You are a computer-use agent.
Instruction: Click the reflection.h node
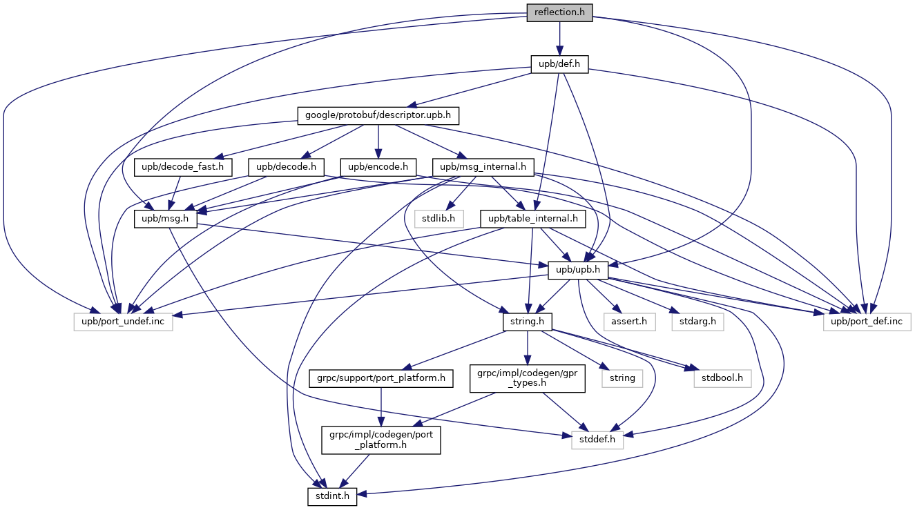(x=559, y=12)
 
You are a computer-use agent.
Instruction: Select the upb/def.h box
(x=559, y=64)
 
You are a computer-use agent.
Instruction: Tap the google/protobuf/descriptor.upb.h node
(x=378, y=115)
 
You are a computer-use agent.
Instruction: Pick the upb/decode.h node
(x=286, y=166)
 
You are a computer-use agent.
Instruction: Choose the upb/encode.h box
(x=378, y=166)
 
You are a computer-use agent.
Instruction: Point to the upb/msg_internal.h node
(x=479, y=166)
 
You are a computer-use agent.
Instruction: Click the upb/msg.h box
(x=165, y=218)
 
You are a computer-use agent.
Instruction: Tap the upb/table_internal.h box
(x=533, y=218)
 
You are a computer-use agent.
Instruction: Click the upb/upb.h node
(x=578, y=270)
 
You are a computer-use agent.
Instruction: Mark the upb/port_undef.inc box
(x=124, y=321)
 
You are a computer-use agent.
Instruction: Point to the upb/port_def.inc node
(x=867, y=321)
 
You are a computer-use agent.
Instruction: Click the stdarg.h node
(x=695, y=321)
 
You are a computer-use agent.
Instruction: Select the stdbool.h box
(x=722, y=378)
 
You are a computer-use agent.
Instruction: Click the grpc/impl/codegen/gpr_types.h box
(x=528, y=378)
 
